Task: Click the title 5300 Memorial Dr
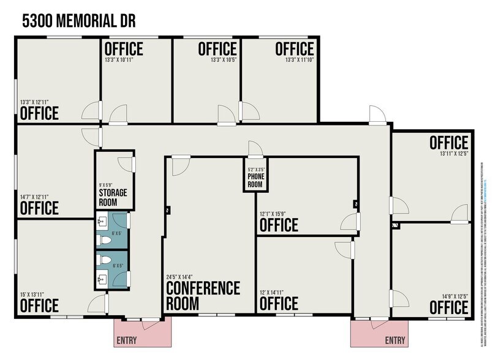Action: [78, 21]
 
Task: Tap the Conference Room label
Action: [203, 295]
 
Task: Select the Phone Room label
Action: [255, 180]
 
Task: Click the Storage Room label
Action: [113, 197]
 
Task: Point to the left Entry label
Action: [126, 340]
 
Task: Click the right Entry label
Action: [395, 340]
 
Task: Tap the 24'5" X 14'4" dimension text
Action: [184, 277]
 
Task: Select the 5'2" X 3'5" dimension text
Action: [255, 170]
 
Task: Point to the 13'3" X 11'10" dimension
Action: [299, 60]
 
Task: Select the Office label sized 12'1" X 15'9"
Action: [279, 224]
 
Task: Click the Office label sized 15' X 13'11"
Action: [40, 305]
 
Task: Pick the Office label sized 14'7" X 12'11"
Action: [40, 208]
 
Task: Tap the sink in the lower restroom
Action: [104, 279]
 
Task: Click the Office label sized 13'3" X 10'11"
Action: [124, 48]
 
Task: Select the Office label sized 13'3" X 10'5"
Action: [217, 48]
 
